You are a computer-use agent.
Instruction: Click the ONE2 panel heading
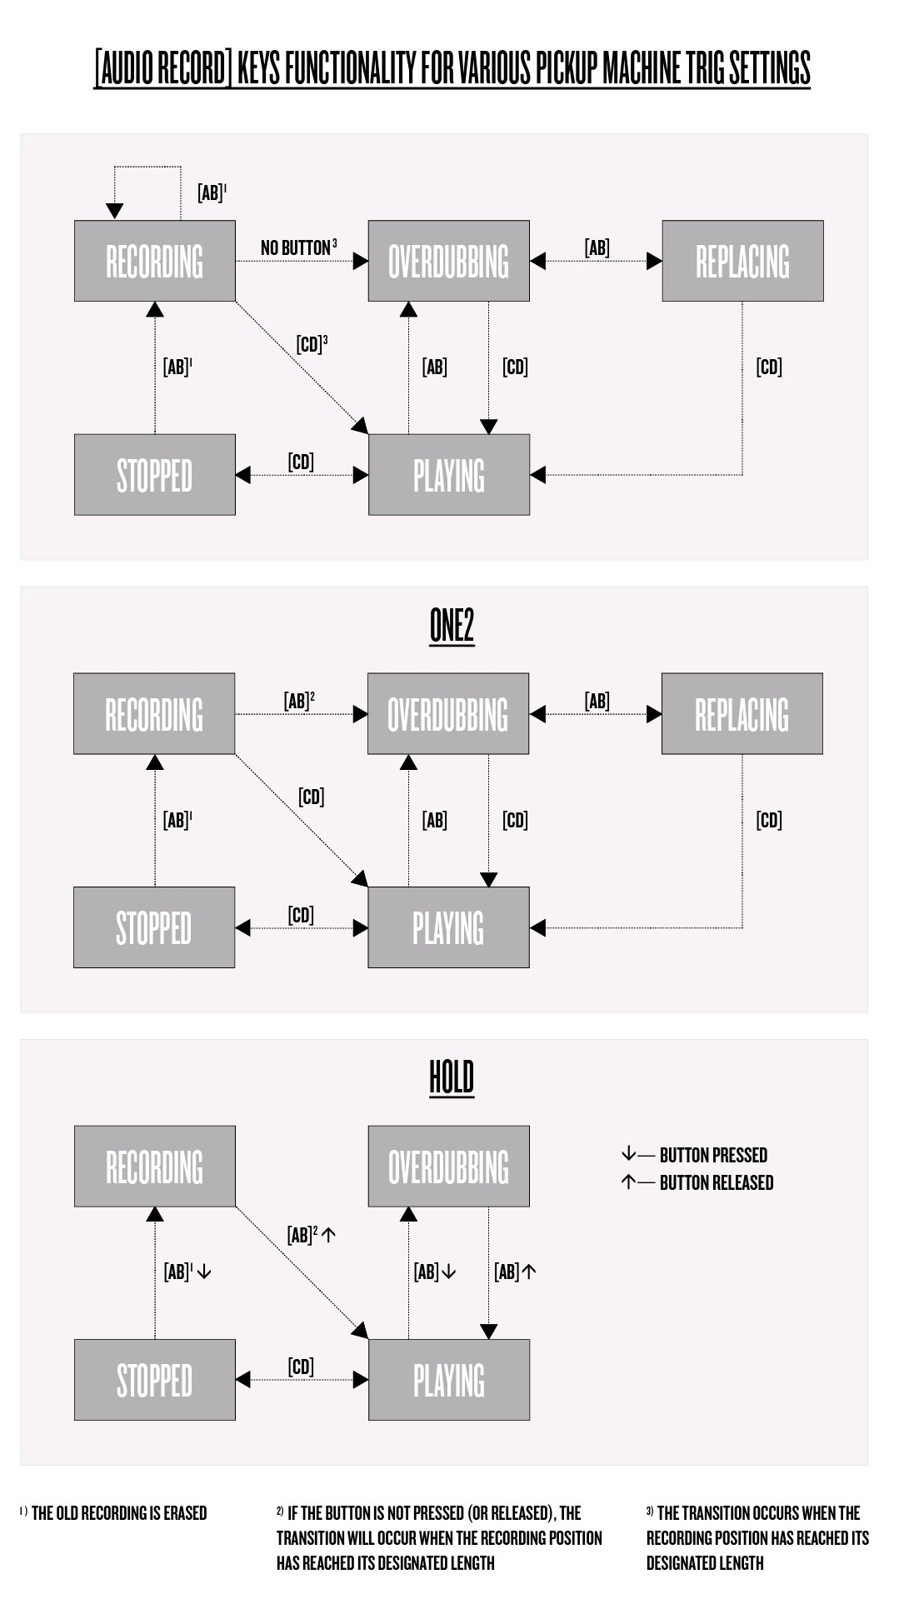tap(452, 625)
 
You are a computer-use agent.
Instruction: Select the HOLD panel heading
tap(452, 1077)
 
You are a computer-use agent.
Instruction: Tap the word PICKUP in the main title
tap(566, 67)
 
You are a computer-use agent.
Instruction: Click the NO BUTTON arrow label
tap(298, 247)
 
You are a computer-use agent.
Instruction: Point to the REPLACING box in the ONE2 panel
tap(742, 714)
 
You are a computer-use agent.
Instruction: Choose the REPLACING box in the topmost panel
tap(742, 261)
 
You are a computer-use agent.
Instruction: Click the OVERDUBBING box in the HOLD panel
tap(448, 1167)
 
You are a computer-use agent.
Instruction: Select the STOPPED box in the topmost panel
tap(154, 475)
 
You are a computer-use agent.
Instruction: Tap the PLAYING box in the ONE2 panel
tap(448, 927)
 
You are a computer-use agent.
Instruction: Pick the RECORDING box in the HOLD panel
tap(154, 1167)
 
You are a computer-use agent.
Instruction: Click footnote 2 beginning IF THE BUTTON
tap(439, 1537)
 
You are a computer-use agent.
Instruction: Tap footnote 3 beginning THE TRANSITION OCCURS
tap(757, 1537)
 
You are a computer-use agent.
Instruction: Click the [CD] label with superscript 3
tap(312, 344)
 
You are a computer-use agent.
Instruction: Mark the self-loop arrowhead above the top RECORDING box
tap(115, 212)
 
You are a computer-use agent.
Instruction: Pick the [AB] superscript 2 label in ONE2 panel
tap(299, 701)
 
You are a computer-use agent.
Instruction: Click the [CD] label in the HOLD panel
tap(301, 1367)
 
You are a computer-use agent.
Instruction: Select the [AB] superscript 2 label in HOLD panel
tap(311, 1235)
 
